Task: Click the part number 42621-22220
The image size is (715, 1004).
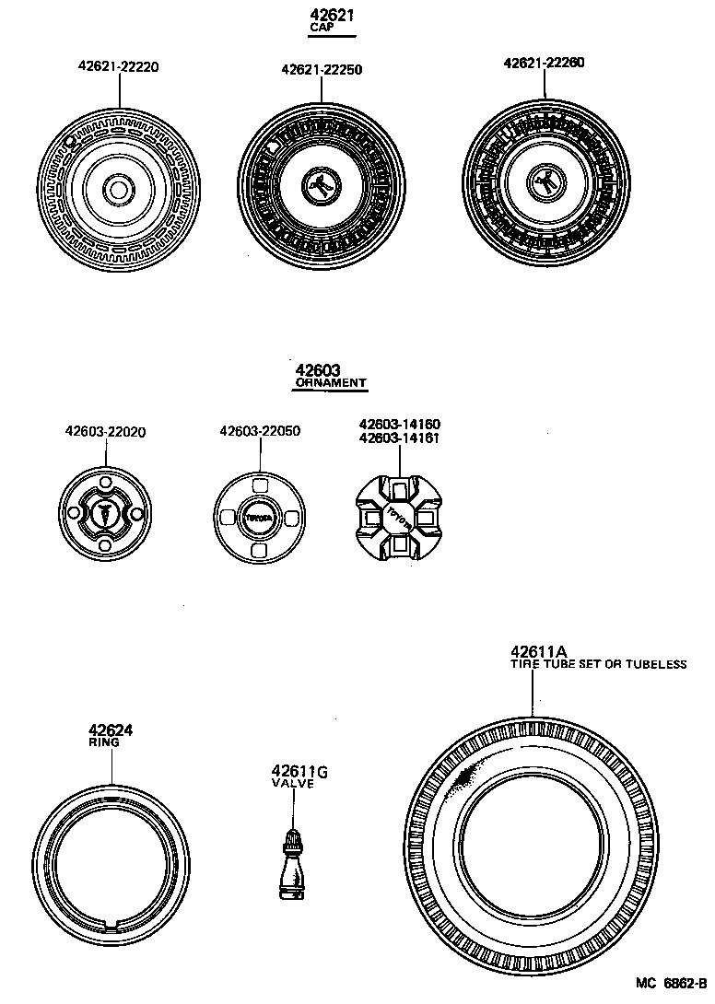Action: [119, 66]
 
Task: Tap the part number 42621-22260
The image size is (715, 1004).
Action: [544, 63]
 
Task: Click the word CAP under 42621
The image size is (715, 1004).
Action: [321, 29]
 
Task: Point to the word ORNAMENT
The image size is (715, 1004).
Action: [331, 382]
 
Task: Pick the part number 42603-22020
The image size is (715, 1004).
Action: [105, 431]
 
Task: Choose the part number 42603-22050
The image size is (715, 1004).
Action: [260, 431]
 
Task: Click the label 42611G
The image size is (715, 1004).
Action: [293, 771]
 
